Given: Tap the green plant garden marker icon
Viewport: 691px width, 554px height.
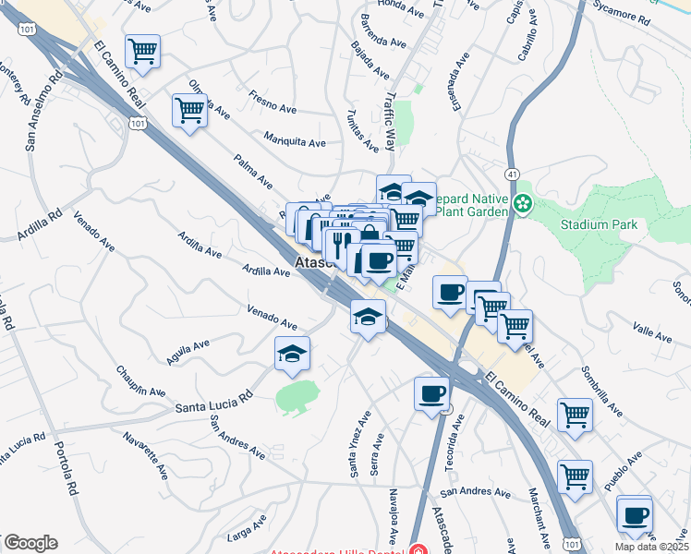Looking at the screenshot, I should click(x=524, y=202).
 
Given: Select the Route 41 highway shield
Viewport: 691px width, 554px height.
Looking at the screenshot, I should click(x=512, y=174).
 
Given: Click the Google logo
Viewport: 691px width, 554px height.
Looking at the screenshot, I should click(x=30, y=543).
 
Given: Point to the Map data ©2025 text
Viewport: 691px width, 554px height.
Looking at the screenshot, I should click(x=650, y=546).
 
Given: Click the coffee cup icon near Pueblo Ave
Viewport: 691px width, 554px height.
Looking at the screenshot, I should click(x=635, y=515).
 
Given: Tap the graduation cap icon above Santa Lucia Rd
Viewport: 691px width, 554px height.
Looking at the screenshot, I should click(x=293, y=354).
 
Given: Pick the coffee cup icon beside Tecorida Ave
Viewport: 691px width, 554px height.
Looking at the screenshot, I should click(x=431, y=394).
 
